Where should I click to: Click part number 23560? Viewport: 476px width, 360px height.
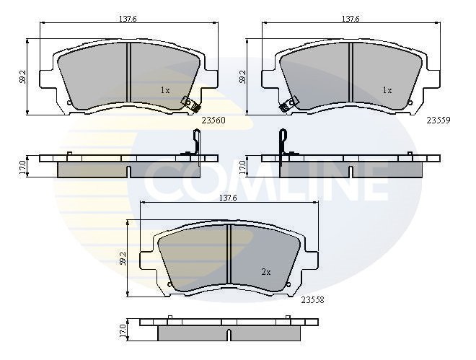(213, 120)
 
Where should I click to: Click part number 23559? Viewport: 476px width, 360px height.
(438, 120)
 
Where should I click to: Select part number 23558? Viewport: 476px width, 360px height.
(313, 300)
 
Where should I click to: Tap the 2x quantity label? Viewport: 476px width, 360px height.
(266, 272)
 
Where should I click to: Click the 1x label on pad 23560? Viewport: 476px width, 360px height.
(165, 90)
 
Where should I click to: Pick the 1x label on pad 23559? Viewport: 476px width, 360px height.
(387, 90)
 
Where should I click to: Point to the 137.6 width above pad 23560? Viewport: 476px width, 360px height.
(128, 19)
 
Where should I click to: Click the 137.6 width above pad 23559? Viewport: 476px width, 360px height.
(351, 19)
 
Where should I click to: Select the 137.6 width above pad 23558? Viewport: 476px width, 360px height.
(228, 198)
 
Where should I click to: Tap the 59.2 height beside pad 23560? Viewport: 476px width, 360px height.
(22, 76)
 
